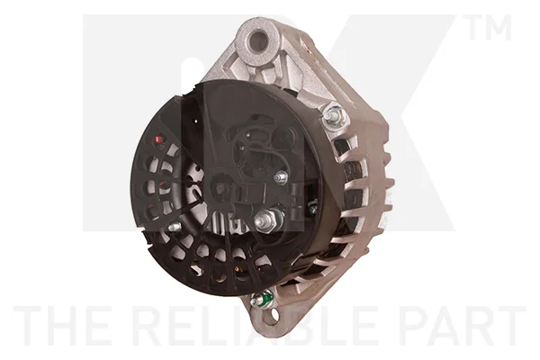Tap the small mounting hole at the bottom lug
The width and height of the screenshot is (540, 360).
click(274, 313)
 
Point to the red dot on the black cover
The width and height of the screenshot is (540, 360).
click(158, 139)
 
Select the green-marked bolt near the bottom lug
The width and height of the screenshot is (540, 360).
click(263, 298)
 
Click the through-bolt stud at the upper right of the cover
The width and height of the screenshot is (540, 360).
click(333, 114)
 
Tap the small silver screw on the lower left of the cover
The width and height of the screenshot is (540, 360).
click(174, 226)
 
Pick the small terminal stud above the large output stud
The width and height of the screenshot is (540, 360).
click(281, 178)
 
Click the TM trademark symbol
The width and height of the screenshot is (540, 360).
click(488, 27)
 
